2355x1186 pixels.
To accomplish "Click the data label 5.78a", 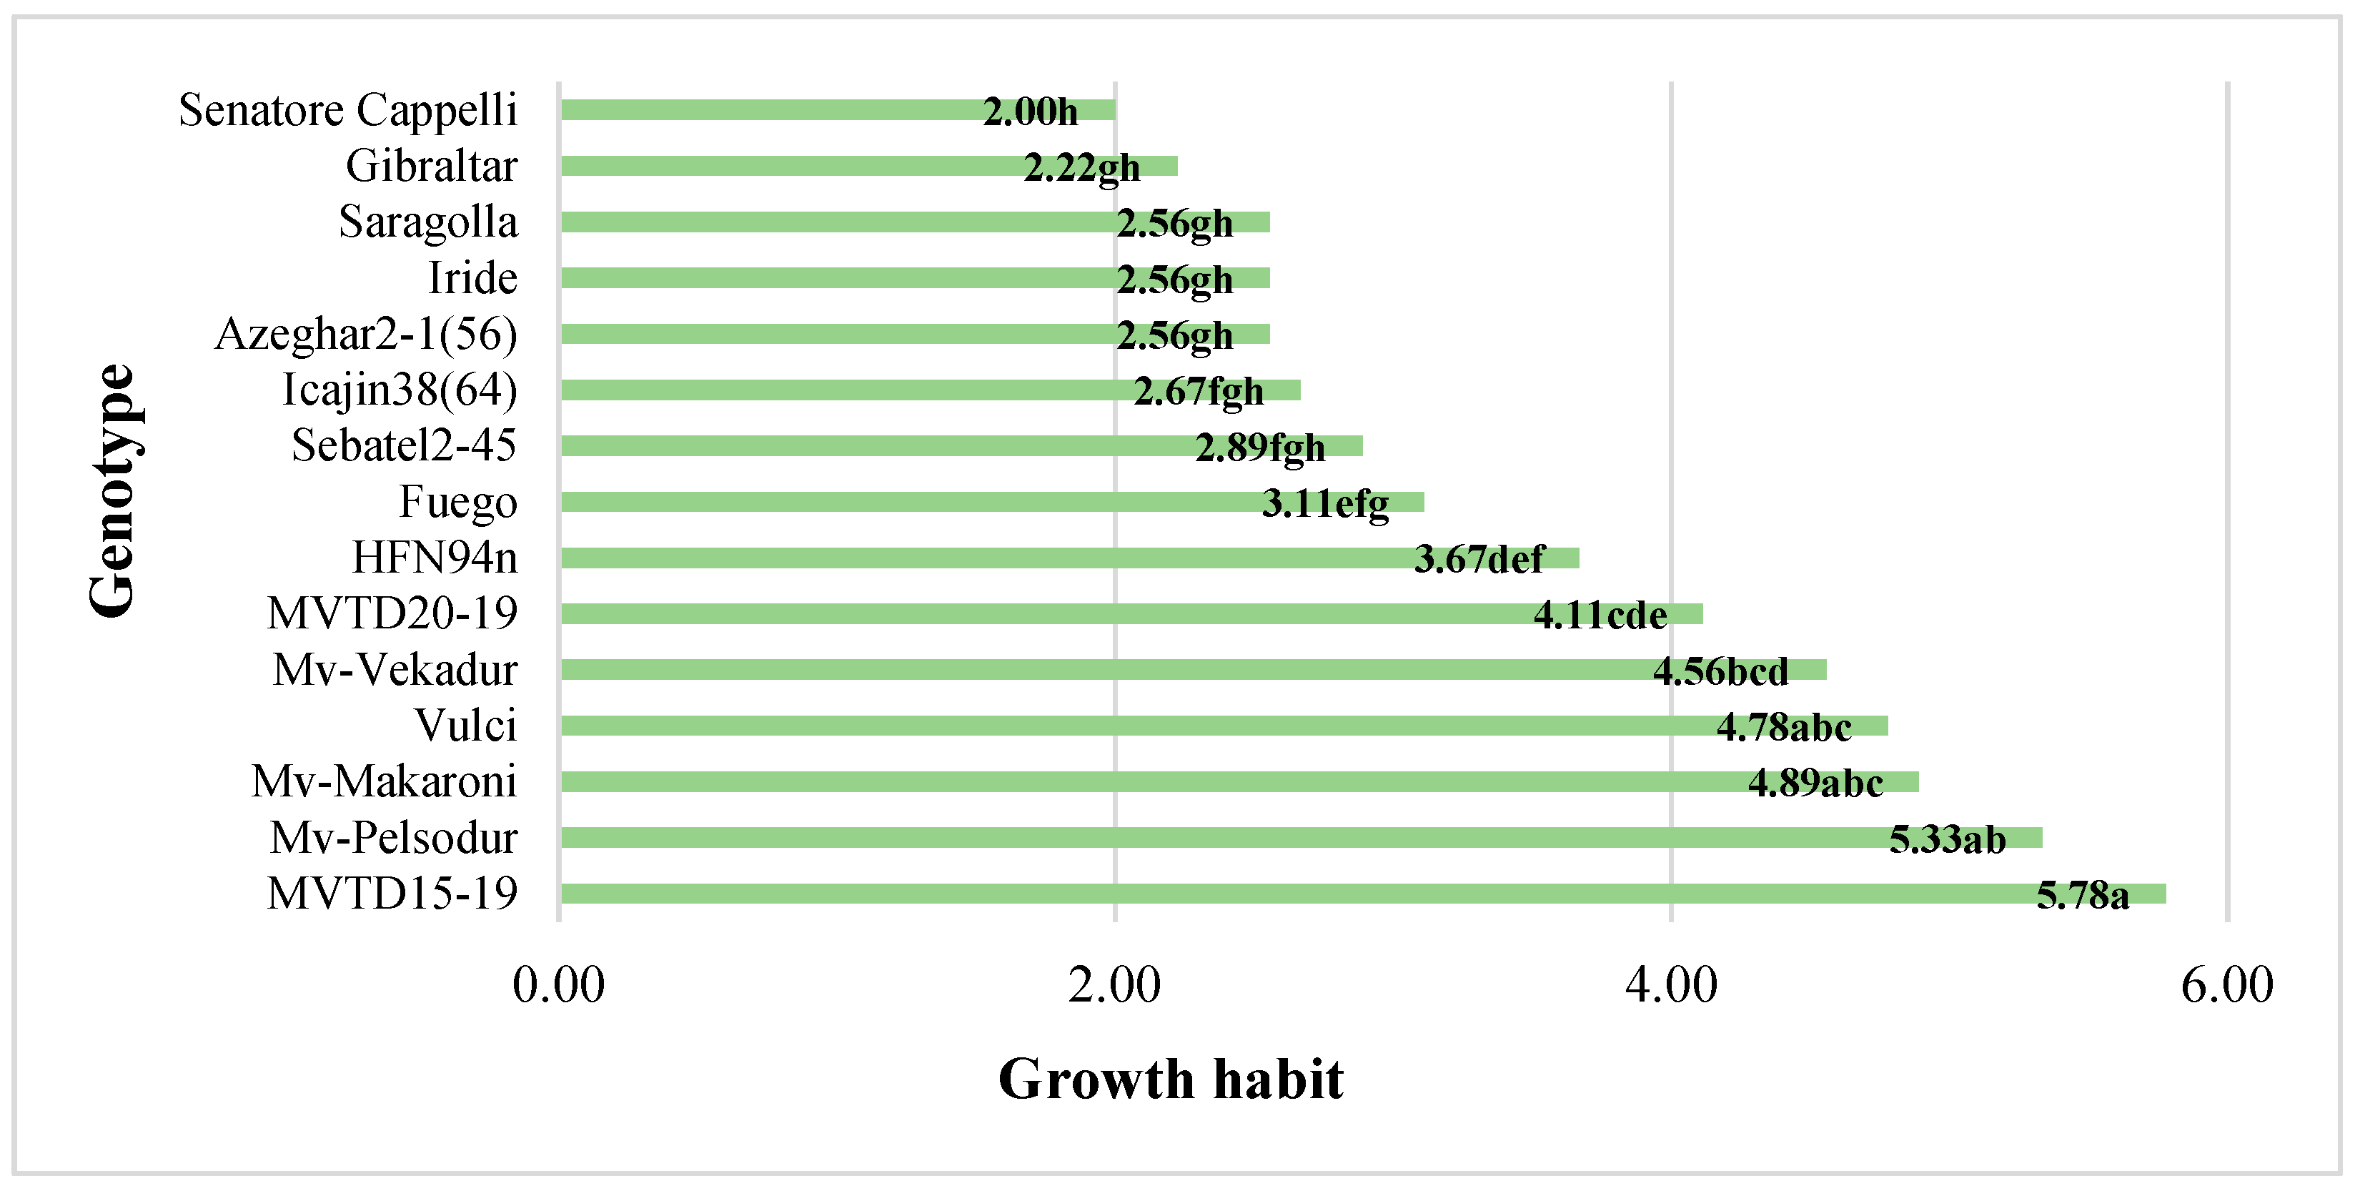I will click(x=2083, y=895).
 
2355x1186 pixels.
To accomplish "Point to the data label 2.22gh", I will click(x=1081, y=168).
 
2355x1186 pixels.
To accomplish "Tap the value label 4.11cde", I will click(x=1600, y=616).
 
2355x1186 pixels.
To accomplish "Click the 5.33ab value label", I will click(x=1948, y=839).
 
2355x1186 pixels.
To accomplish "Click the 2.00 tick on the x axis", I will click(x=1114, y=986).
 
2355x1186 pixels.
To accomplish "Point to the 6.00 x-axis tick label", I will click(x=2227, y=986).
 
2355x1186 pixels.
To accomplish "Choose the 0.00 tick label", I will click(x=559, y=986).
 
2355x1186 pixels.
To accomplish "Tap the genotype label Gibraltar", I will click(x=432, y=167).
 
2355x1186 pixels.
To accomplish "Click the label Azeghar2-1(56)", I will click(x=367, y=335).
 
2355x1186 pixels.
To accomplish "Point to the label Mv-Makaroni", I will click(x=384, y=782).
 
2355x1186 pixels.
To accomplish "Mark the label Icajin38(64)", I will click(x=400, y=390).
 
